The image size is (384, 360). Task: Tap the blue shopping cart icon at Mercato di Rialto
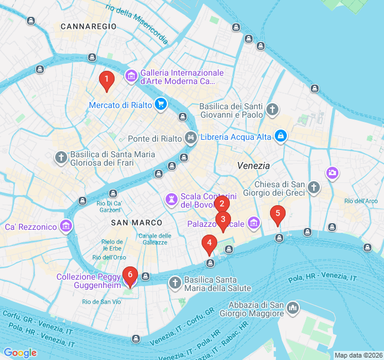point(160,104)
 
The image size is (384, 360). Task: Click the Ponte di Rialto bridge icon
point(191,138)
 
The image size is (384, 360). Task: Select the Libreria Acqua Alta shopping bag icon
point(280,136)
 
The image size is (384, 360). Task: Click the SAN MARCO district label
point(137,223)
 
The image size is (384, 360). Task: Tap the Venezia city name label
point(253,166)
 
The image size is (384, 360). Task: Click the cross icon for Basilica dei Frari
point(61,158)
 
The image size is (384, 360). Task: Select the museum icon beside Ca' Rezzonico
point(66,227)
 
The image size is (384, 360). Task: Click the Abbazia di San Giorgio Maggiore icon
point(293,308)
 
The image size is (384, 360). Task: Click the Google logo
point(20,353)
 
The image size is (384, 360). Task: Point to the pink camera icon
point(332,173)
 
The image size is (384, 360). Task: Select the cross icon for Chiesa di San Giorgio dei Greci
point(313,188)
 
